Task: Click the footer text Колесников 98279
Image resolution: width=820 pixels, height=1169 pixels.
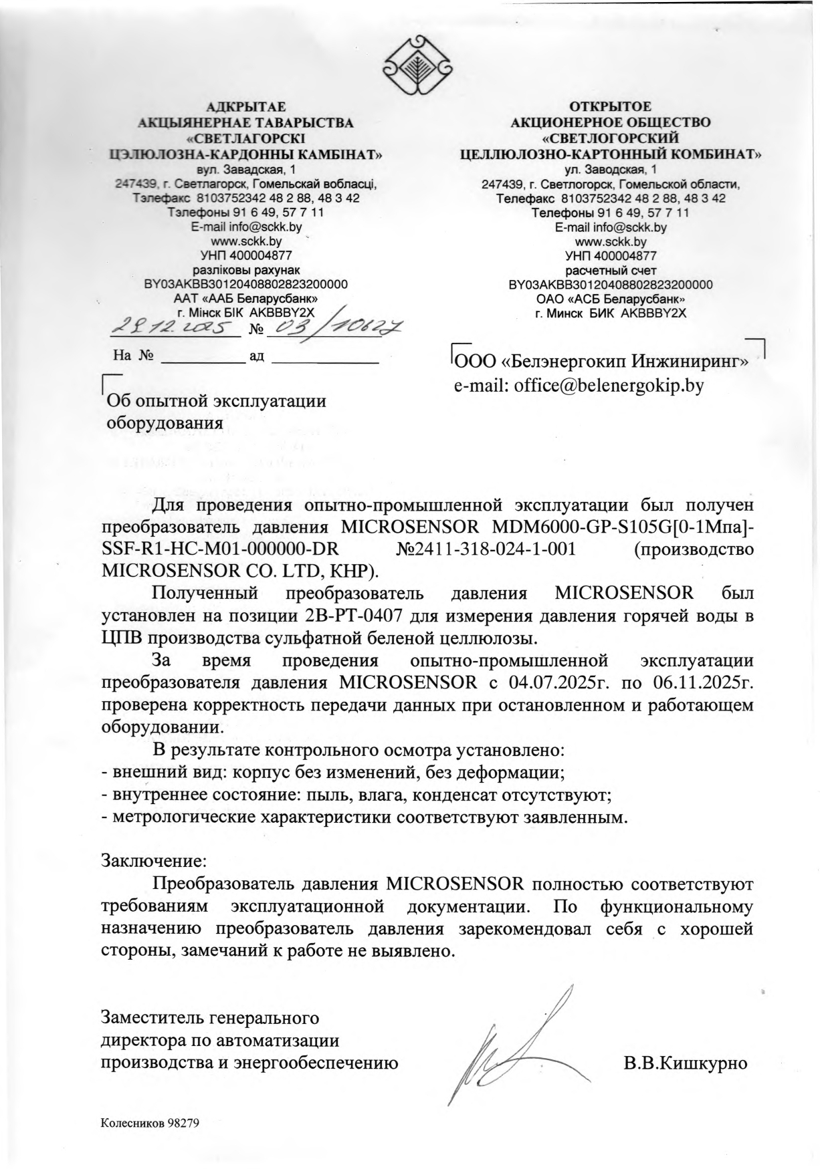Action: click(x=150, y=1123)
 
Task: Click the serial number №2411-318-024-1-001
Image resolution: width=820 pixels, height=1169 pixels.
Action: click(x=486, y=549)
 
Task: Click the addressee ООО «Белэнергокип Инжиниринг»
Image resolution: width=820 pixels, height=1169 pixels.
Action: click(x=600, y=362)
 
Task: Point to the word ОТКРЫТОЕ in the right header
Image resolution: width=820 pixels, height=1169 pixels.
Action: click(x=610, y=107)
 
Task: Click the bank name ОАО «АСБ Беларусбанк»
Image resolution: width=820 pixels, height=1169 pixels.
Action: click(x=610, y=298)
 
